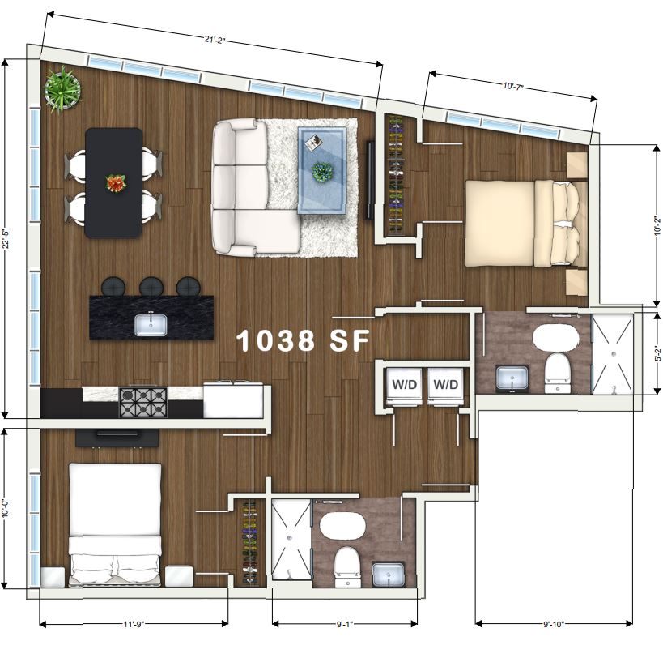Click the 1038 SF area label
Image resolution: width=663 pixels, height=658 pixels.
pyautogui.click(x=303, y=341)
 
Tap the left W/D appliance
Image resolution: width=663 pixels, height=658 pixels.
pyautogui.click(x=405, y=386)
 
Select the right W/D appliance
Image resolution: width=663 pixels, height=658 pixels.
pyautogui.click(x=446, y=386)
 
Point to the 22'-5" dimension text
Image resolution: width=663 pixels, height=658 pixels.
pyautogui.click(x=6, y=240)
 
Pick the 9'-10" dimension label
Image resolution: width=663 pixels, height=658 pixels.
pyautogui.click(x=554, y=624)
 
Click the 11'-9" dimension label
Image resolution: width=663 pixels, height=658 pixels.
pyautogui.click(x=134, y=624)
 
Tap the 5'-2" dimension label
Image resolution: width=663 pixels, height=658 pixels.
pyautogui.click(x=657, y=354)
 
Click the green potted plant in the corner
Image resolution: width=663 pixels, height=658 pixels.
pyautogui.click(x=62, y=89)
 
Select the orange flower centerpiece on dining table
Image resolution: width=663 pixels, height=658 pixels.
pyautogui.click(x=117, y=183)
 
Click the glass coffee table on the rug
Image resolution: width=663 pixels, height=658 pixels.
pyautogui.click(x=322, y=171)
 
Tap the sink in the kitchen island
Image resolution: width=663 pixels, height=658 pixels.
pyautogui.click(x=151, y=325)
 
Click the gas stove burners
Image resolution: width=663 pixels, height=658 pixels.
pyautogui.click(x=143, y=403)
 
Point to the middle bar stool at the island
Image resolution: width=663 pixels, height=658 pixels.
pyautogui.click(x=151, y=287)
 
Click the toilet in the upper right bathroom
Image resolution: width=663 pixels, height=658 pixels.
pyautogui.click(x=557, y=374)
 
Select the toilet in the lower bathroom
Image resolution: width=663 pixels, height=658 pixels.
pyautogui.click(x=346, y=567)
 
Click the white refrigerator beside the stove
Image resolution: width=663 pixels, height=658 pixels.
pyautogui.click(x=233, y=400)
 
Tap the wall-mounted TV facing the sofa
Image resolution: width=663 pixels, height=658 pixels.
pyautogui.click(x=370, y=180)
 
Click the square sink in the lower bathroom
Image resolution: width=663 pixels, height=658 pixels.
pyautogui.click(x=388, y=575)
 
